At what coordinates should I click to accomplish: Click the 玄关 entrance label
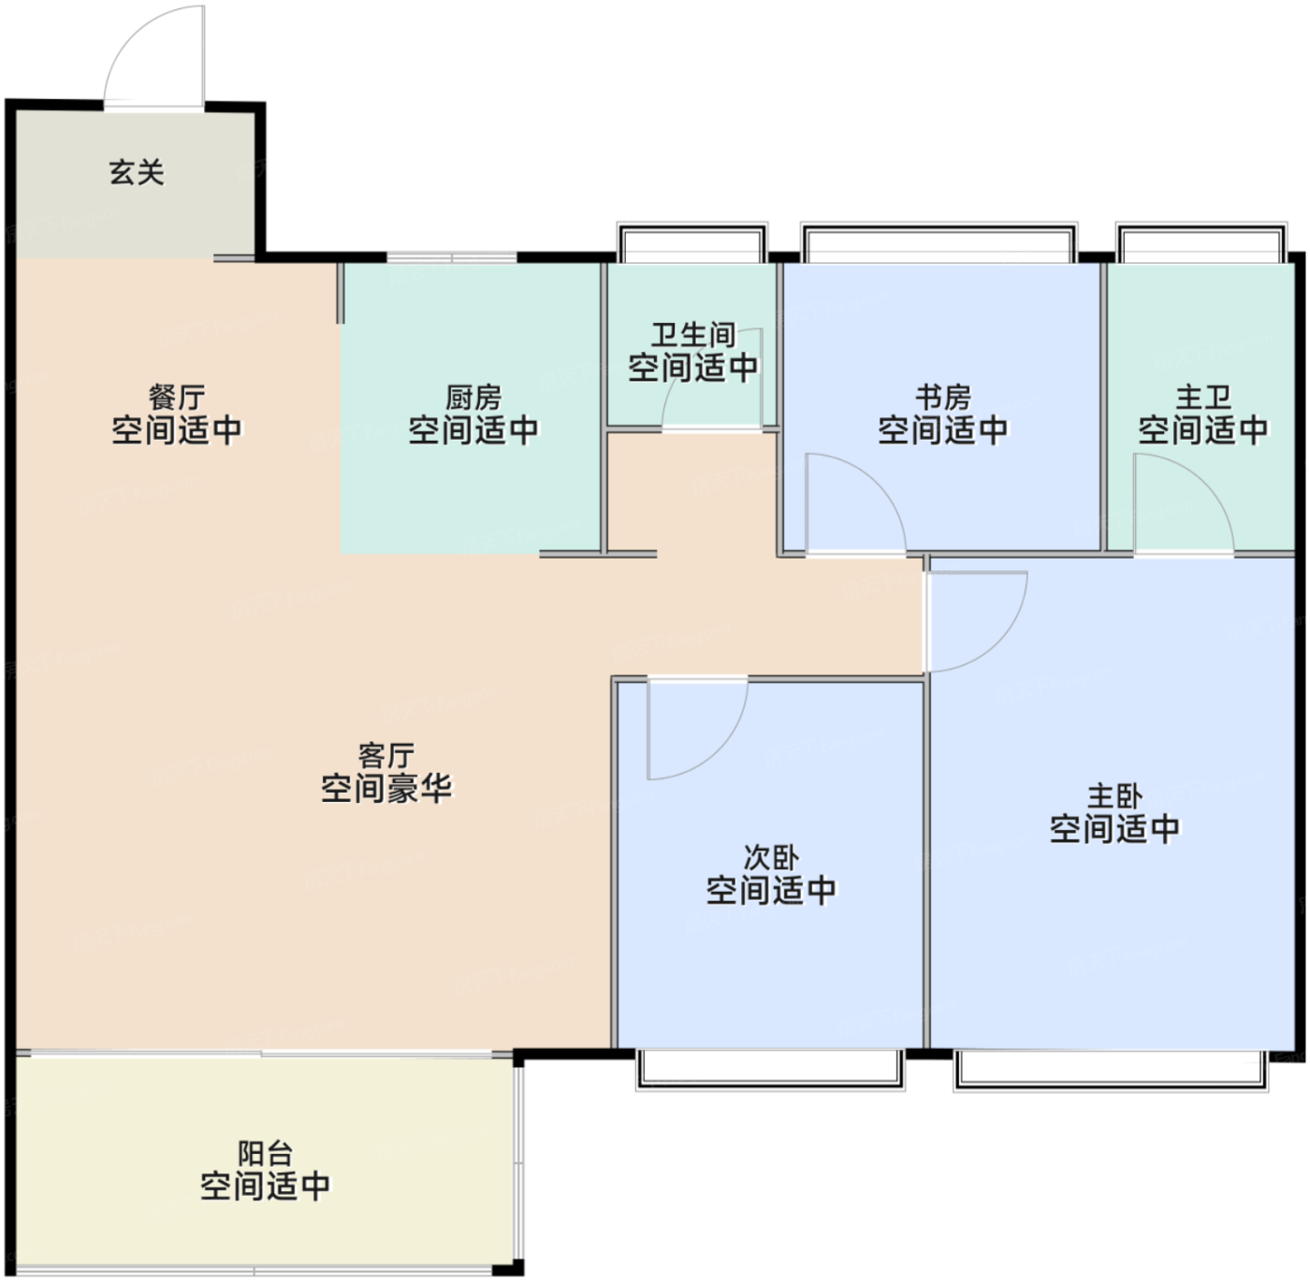[137, 173]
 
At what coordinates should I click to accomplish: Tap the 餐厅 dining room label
[176, 398]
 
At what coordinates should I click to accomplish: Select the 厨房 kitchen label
[473, 398]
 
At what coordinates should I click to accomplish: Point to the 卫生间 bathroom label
[692, 335]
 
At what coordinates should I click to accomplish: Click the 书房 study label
[943, 398]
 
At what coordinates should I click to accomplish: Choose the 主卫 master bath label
[1203, 398]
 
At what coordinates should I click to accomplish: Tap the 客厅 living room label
[386, 756]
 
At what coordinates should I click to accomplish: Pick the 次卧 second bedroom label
[771, 858]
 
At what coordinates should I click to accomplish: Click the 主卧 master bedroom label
[1114, 796]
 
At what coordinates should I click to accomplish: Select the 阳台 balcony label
[265, 1155]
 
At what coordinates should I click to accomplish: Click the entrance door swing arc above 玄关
[133, 33]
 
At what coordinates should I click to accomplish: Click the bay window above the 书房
[939, 242]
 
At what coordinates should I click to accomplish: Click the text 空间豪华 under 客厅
[386, 788]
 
